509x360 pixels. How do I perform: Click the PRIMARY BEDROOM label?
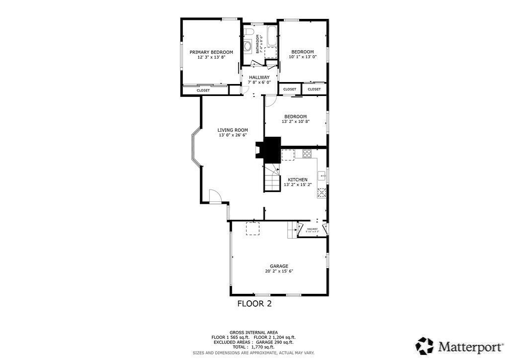pos(211,52)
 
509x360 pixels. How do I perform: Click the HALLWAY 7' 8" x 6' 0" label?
pos(259,77)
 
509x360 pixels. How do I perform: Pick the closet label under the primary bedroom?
pos(203,90)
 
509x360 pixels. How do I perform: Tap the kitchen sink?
pos(322,176)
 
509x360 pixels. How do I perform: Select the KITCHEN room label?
pos(297,180)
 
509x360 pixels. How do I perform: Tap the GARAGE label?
pos(279,266)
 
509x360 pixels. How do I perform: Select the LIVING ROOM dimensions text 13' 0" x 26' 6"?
pos(233,135)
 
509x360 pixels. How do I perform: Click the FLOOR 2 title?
pos(254,303)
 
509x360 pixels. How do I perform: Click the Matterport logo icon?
pos(425,345)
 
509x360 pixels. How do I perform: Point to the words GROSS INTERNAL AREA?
pos(254,332)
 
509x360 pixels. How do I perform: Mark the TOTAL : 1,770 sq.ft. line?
pos(254,347)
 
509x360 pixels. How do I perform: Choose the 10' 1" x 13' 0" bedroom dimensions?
pos(302,57)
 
